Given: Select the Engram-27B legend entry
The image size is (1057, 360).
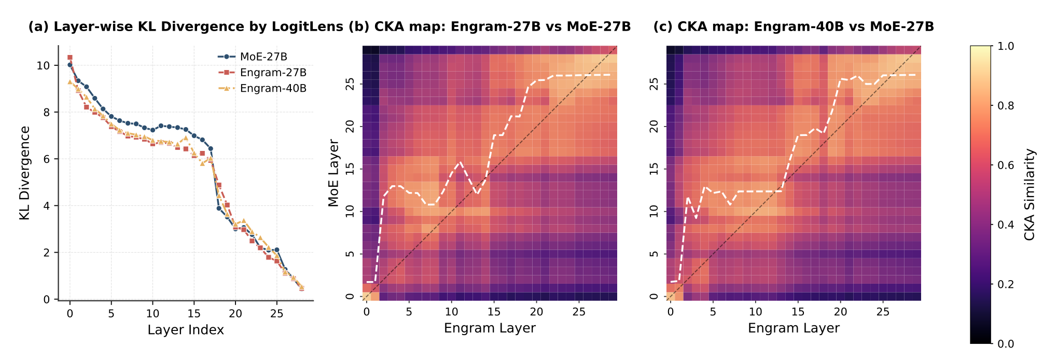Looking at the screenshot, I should pos(273,73).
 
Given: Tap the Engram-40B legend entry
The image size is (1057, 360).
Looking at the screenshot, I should pos(273,88).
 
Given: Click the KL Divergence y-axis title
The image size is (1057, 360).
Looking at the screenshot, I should pos(25,173).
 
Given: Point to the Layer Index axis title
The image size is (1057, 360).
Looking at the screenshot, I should pos(186,330).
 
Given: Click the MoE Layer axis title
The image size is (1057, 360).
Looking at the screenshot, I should pos(333,173).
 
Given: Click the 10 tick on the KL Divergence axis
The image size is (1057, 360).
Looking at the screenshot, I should pos(44,65).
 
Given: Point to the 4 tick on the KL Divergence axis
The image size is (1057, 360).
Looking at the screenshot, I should pos(47,206).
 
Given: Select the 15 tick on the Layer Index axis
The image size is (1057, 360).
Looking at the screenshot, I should pos(194,313).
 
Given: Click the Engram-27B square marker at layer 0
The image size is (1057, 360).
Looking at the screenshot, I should pos(69,58).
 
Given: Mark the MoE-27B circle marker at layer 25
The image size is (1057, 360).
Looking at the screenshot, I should pos(277,250).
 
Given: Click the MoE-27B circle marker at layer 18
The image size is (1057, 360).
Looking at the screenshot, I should pos(219,209).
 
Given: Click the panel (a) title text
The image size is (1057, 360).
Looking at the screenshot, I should pos(186,27).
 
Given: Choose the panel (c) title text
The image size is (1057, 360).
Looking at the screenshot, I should pos(794,27).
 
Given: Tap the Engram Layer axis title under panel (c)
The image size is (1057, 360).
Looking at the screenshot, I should pos(794,328).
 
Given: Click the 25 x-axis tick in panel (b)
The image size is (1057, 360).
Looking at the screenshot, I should pos(579,312).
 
